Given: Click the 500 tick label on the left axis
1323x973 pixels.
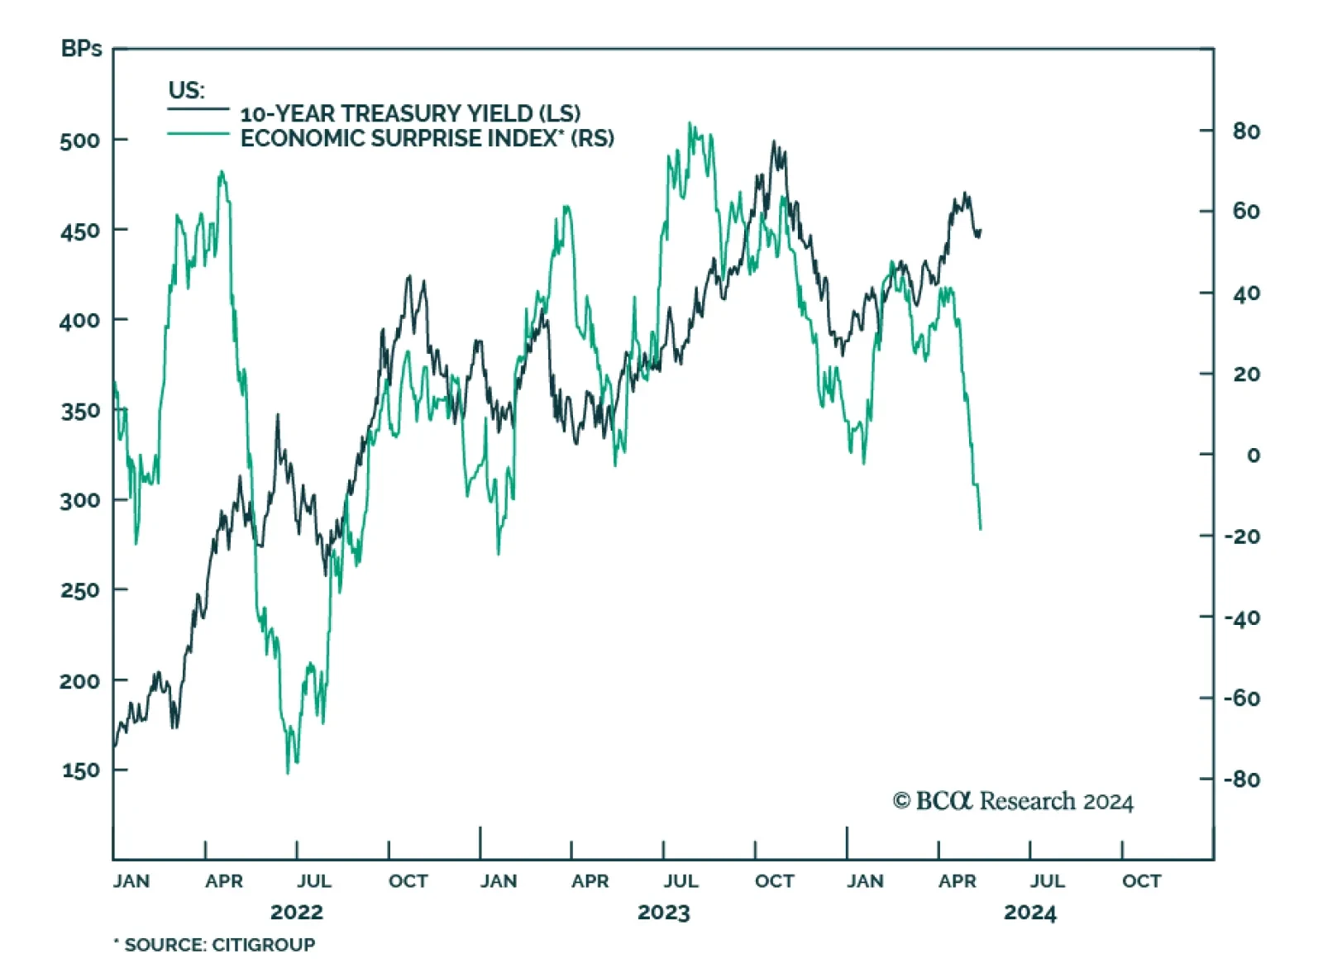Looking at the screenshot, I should click(x=79, y=141).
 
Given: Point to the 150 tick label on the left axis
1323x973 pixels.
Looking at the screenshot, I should click(x=79, y=770).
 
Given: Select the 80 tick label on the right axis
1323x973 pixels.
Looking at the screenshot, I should click(x=1246, y=131).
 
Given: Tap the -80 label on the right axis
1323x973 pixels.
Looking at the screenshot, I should click(x=1242, y=779).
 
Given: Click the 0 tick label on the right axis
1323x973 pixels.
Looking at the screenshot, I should click(x=1254, y=455).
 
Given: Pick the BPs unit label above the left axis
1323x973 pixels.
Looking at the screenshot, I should click(x=81, y=49).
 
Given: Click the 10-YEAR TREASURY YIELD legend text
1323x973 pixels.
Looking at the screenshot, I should click(x=410, y=113).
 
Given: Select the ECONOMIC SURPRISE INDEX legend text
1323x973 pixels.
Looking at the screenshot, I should click(x=427, y=138).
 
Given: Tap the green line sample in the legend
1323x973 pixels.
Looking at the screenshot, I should click(x=198, y=134).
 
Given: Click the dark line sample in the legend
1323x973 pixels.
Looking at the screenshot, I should click(x=198, y=109).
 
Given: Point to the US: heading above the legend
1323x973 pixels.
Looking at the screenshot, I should click(x=186, y=89).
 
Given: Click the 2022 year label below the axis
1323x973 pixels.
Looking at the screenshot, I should click(x=296, y=913).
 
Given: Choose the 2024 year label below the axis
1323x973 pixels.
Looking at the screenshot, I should click(x=1029, y=913).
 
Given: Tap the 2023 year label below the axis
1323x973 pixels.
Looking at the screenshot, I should click(x=663, y=913).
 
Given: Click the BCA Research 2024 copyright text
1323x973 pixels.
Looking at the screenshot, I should click(x=1013, y=801).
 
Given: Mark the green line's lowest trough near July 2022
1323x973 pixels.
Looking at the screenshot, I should click(x=288, y=773).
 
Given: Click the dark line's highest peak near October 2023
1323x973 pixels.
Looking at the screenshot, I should click(x=774, y=141).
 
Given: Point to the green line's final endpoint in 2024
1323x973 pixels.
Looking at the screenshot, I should click(x=981, y=529).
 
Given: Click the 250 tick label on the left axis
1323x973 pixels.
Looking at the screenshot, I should click(x=79, y=590).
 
